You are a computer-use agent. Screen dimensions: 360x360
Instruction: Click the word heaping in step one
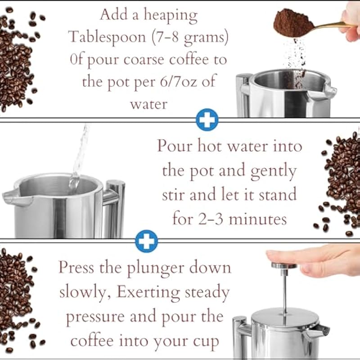pyautogui.click(x=171, y=16)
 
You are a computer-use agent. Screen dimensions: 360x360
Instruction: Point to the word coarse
pyautogui.click(x=144, y=60)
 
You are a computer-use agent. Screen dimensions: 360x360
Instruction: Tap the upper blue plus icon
pyautogui.click(x=207, y=120)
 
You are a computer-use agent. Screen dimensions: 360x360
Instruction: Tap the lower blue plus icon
pyautogui.click(x=147, y=241)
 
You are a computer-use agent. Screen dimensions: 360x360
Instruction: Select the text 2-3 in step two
pyautogui.click(x=211, y=219)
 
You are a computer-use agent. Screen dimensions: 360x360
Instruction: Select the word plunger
pyautogui.click(x=156, y=269)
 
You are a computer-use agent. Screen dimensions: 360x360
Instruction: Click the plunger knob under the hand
pyautogui.click(x=284, y=265)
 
